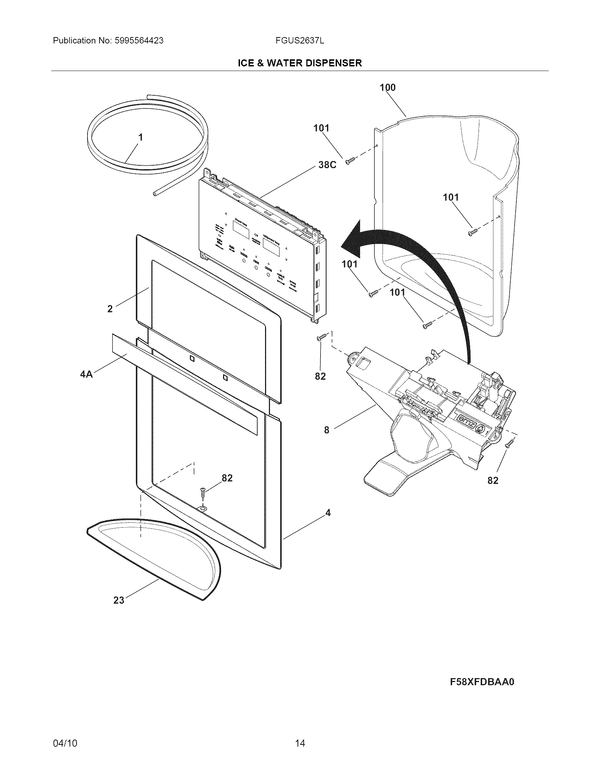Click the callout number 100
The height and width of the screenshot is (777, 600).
click(388, 87)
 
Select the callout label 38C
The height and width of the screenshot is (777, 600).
click(327, 165)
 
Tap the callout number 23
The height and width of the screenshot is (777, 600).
click(119, 600)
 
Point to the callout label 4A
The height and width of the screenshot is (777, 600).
click(86, 374)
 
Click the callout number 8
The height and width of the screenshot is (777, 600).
click(327, 430)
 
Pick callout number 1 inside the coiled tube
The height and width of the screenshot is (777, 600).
click(141, 137)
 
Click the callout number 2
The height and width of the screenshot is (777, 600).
click(110, 309)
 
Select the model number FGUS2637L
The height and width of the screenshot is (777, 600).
click(300, 41)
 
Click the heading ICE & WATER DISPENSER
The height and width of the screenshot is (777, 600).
click(300, 63)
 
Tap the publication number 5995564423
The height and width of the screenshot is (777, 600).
click(139, 41)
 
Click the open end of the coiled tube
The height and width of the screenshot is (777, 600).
click(155, 194)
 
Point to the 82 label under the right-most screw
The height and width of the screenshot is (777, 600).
click(493, 480)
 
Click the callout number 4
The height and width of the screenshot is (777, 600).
click(328, 513)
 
